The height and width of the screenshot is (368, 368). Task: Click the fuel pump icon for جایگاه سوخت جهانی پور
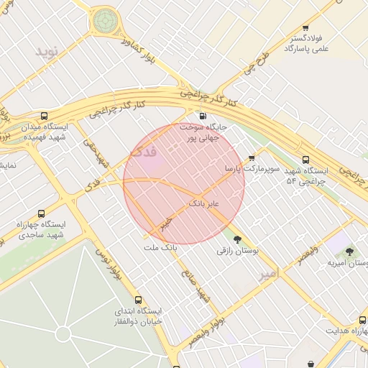[202, 116]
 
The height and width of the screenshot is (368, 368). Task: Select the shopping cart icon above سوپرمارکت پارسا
[251, 158]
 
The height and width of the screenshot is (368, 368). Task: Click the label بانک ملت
[160, 248]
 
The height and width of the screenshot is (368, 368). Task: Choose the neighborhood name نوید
[50, 51]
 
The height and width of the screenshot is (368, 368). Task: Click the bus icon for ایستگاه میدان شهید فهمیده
[45, 116]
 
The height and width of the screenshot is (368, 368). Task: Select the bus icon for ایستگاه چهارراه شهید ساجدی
[41, 214]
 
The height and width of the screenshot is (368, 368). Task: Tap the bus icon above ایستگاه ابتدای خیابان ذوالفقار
[139, 300]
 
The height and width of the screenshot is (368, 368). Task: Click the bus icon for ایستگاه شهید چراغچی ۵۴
[306, 160]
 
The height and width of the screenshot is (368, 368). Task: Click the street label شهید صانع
[195, 287]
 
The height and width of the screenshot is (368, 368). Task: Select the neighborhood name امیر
[267, 275]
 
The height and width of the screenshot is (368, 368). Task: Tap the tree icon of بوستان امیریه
[349, 252]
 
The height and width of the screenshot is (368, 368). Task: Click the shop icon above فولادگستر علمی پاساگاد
[305, 27]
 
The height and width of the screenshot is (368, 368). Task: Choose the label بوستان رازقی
[237, 251]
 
